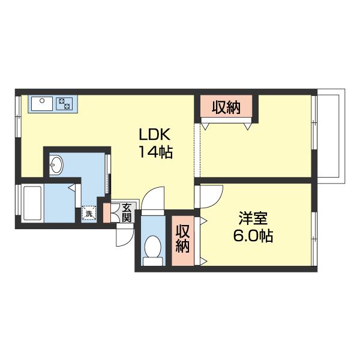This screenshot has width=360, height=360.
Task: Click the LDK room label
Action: (155, 134)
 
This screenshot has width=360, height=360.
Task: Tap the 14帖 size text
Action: (155, 152)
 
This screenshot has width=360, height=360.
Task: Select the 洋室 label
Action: (253, 218)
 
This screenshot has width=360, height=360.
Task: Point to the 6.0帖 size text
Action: (253, 236)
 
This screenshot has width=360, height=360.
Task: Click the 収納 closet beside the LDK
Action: (226, 107)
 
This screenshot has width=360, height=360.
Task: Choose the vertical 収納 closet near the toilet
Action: (183, 241)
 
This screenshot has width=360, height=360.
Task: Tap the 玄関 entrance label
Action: (126, 212)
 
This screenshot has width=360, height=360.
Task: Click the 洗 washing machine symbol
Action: (89, 213)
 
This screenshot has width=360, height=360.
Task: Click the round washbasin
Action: (56, 164)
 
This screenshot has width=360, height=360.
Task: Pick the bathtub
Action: (32, 203)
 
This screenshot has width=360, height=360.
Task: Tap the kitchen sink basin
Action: (42, 104)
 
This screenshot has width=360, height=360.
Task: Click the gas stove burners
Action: (64, 104)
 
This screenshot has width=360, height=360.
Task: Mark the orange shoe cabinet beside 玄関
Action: (107, 212)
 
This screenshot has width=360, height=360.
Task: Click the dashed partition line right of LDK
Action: (197, 150)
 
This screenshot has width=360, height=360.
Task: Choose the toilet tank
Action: (153, 262)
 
